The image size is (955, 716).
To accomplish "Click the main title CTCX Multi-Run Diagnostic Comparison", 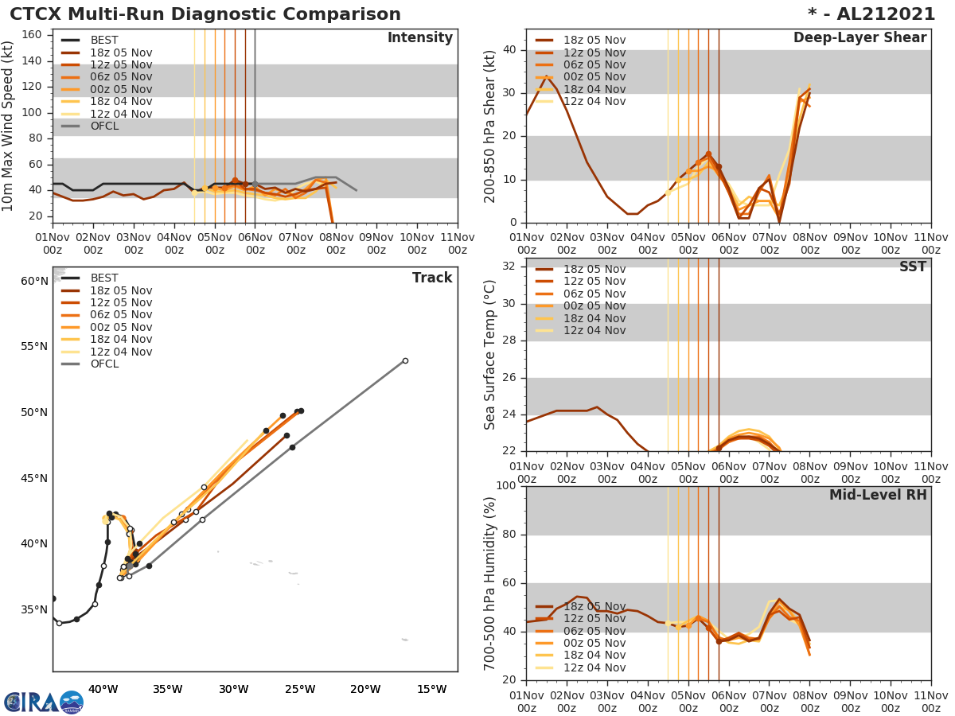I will click(205, 14).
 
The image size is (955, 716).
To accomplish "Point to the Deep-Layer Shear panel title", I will click(859, 38).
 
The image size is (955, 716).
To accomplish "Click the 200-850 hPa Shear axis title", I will click(490, 126).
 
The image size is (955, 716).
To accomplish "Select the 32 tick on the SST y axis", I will click(511, 267).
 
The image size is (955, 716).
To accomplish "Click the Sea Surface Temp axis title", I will click(490, 355).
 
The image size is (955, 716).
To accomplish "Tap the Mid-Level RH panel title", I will click(878, 495).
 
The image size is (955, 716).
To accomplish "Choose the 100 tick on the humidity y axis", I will click(507, 486).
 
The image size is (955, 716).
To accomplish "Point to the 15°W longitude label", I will click(431, 689).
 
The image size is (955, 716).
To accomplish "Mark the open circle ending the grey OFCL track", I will click(405, 360).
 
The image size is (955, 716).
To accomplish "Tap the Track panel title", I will click(431, 278).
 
